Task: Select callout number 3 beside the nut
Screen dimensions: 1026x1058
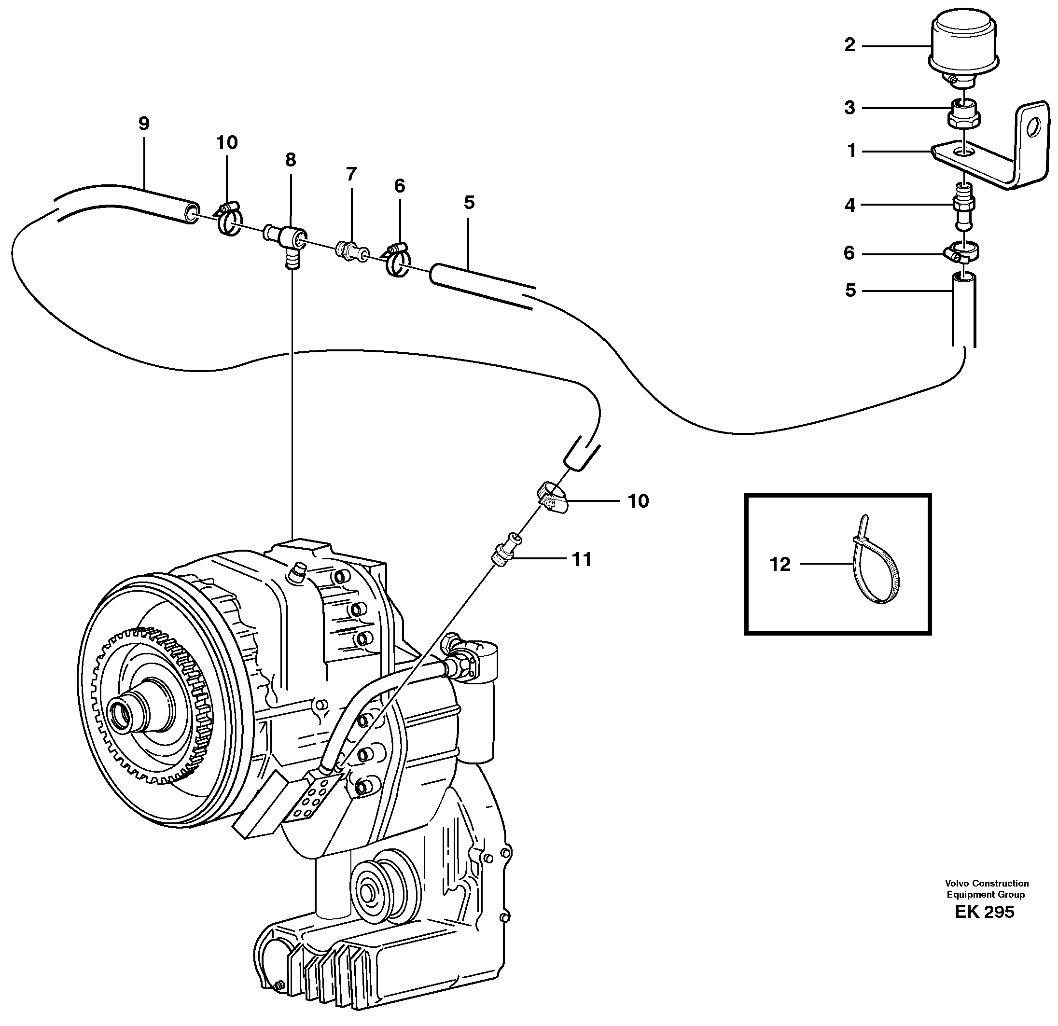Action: [849, 108]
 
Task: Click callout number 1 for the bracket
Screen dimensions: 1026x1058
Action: [852, 151]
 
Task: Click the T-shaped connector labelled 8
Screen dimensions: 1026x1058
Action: [292, 241]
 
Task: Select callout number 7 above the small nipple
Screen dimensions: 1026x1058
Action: [351, 174]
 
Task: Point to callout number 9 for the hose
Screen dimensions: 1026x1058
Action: [143, 124]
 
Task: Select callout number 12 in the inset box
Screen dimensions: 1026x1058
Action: [780, 565]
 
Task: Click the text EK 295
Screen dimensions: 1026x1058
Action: [985, 912]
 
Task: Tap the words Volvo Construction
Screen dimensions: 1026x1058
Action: [986, 884]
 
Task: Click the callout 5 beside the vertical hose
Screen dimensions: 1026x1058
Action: [850, 291]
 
